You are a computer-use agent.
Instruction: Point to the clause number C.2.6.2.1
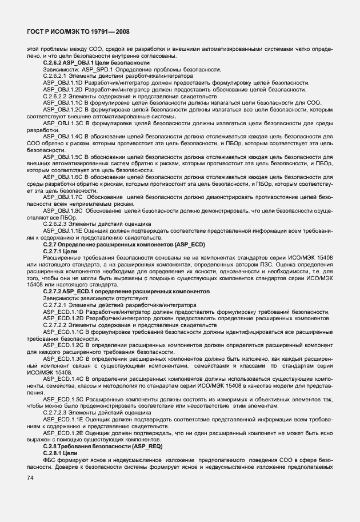click(x=57, y=76)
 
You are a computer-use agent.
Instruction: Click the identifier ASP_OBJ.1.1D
click(x=63, y=83)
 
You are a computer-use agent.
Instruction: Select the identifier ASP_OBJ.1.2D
click(x=63, y=90)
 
